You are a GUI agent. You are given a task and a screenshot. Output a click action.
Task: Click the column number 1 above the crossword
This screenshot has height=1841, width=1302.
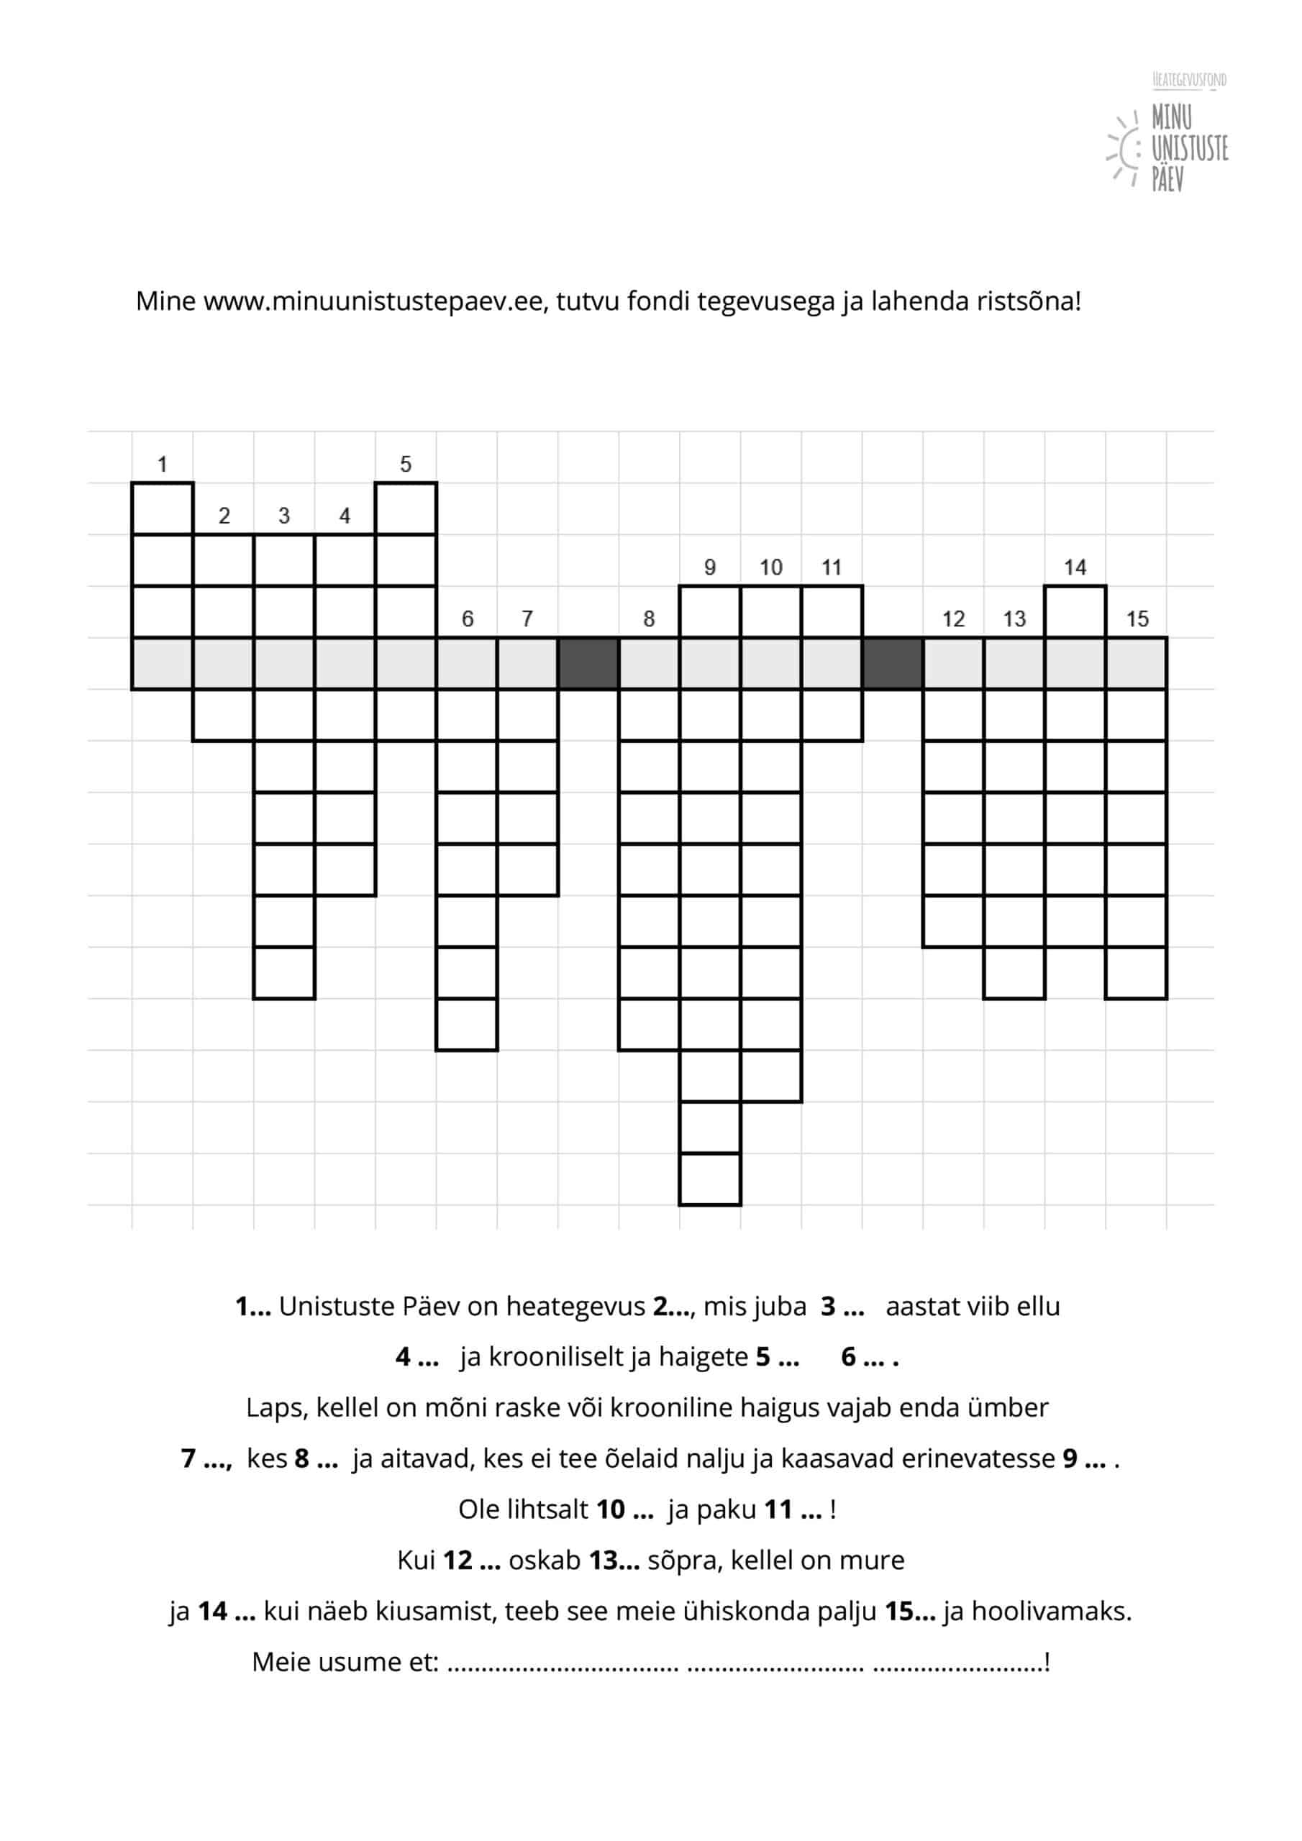pyautogui.click(x=162, y=465)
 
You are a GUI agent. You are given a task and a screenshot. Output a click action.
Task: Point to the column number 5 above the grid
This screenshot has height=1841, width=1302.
pyautogui.click(x=405, y=465)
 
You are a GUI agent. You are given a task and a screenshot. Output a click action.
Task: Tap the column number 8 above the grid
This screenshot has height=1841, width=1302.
pyautogui.click(x=649, y=619)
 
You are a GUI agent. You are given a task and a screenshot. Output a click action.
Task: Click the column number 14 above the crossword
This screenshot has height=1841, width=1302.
pyautogui.click(x=1075, y=567)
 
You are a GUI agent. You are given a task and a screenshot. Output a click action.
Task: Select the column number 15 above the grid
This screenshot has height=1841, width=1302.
pyautogui.click(x=1137, y=619)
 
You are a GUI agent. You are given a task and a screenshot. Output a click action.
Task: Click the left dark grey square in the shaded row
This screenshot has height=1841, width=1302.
pyautogui.click(x=588, y=664)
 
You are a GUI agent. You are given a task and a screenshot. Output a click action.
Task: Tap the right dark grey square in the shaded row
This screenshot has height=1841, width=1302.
pyautogui.click(x=892, y=664)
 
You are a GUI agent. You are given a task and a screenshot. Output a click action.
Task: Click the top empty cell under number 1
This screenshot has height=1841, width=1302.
pyautogui.click(x=162, y=508)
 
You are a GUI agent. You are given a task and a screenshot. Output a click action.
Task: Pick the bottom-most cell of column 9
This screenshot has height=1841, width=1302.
pyautogui.click(x=710, y=1179)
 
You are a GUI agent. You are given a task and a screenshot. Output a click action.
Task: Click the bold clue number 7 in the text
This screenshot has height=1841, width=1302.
pyautogui.click(x=189, y=1458)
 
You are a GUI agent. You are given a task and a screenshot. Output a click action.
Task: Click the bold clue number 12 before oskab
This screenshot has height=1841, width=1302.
pyautogui.click(x=457, y=1560)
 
